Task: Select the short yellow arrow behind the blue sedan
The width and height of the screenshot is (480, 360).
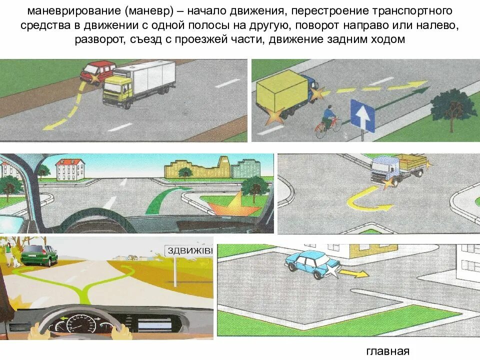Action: point(356,273)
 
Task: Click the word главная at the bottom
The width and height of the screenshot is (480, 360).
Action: point(387,351)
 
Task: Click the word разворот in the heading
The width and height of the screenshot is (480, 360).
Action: point(98,39)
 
